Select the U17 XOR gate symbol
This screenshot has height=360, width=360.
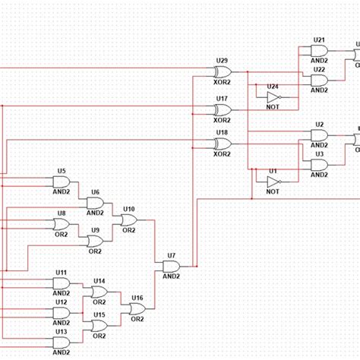(223, 110)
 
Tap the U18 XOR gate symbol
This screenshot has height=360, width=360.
(223, 144)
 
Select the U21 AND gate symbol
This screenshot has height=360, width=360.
(319, 51)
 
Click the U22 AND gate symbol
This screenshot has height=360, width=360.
(319, 80)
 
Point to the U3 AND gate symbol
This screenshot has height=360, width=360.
(319, 165)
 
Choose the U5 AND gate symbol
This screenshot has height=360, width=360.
(62, 183)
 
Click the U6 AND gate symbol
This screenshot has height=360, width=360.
(95, 204)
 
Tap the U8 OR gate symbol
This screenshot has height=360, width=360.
(62, 225)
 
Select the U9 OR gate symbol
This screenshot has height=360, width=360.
(95, 242)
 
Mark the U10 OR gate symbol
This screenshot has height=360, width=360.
(128, 220)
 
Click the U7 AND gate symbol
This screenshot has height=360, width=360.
(171, 267)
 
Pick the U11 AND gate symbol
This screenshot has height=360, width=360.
(62, 283)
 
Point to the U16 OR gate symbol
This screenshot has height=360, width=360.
(137, 309)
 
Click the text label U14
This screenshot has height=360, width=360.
(99, 281)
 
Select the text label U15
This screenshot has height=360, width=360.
(99, 314)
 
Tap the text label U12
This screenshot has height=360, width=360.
(61, 302)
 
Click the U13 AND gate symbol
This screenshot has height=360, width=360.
(62, 342)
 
